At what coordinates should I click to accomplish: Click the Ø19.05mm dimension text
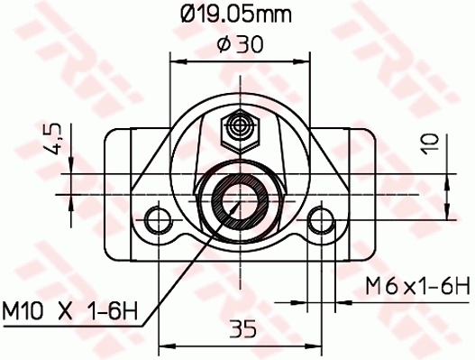click(237, 14)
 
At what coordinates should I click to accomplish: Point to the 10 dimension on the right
click(432, 142)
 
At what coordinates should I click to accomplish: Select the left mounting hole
click(160, 218)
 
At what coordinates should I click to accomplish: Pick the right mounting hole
click(319, 218)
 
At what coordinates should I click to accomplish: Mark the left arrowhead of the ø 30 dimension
click(177, 61)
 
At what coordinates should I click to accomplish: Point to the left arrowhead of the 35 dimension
click(165, 346)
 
